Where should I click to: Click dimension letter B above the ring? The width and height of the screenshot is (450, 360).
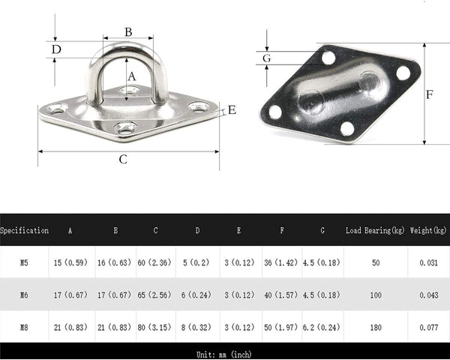pos(128,31)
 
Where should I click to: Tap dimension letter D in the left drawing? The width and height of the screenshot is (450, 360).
pos(56,49)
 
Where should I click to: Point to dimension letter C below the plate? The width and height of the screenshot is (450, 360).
pos(123,159)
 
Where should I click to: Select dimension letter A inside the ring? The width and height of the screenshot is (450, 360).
pos(131,76)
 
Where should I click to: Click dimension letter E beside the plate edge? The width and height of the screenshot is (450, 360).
pos(232,110)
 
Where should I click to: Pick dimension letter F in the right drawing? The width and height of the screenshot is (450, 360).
pos(429,94)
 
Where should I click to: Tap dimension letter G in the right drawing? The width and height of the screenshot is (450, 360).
pos(266,58)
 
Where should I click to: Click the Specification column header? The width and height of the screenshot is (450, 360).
pos(25,230)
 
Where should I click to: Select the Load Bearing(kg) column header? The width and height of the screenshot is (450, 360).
pos(375,230)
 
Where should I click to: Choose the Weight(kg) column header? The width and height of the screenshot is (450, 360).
pos(428,230)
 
